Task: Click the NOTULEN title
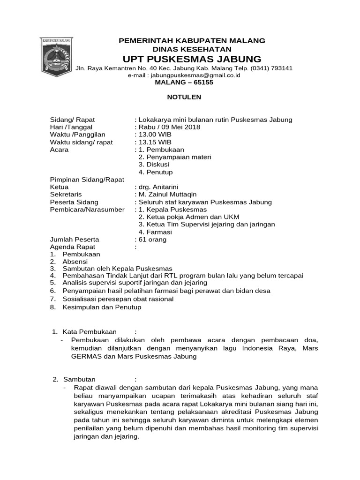(184, 97)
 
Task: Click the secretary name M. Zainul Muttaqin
(167, 195)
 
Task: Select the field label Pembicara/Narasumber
(87, 210)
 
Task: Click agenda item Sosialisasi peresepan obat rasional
(118, 299)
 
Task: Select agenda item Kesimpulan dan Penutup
(102, 307)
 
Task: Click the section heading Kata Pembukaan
(89, 332)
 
